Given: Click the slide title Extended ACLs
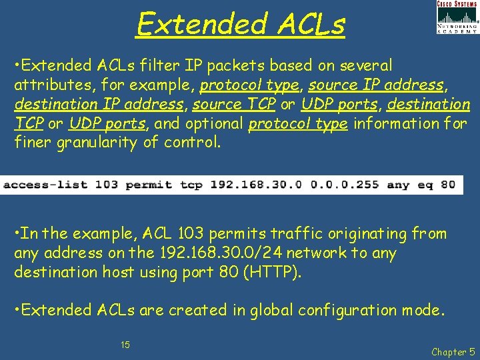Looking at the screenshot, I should coord(241,25).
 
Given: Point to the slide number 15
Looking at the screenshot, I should coord(125,345).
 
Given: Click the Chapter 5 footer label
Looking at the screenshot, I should coord(453,351).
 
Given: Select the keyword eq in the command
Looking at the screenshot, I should coord(425,185).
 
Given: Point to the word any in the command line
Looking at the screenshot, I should coord(397,185).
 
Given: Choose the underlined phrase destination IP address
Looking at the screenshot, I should coord(99,104).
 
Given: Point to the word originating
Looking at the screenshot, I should coord(364,234).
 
